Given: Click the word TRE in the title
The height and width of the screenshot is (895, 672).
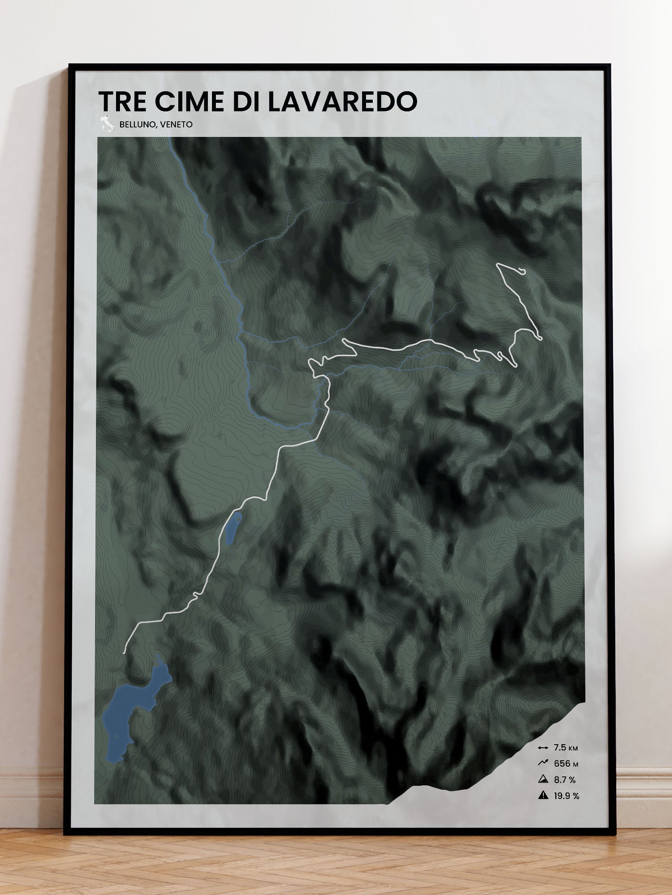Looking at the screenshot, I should (122, 102).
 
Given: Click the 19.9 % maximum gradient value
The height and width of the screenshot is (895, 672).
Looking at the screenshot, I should (566, 796).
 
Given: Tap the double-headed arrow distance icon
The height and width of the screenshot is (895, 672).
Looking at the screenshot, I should (543, 748).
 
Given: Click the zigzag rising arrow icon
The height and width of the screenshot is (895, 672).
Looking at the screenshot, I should (543, 763).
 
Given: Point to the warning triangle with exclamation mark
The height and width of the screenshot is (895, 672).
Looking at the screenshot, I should (543, 795).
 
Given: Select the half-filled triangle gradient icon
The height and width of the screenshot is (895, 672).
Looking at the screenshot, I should (543, 779).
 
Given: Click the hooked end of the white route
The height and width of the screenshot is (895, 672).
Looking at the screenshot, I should (522, 270).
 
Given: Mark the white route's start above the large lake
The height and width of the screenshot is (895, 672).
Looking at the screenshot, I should (125, 652).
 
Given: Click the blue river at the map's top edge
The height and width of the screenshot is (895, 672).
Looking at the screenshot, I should (171, 141).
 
